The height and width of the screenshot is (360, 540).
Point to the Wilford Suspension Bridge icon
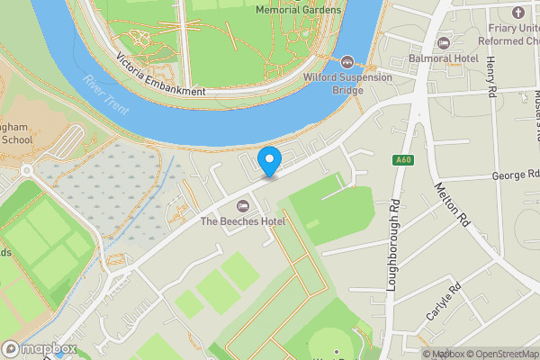pos(348,61)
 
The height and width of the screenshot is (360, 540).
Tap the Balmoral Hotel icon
pos(442,42)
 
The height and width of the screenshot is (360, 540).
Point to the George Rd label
pos(516,174)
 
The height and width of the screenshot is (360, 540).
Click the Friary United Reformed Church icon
pos(517,13)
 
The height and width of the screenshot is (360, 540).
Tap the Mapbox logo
pos(39,348)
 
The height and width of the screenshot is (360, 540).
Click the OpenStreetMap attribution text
pos(498,354)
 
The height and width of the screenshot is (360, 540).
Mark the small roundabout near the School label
pos(27,170)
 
